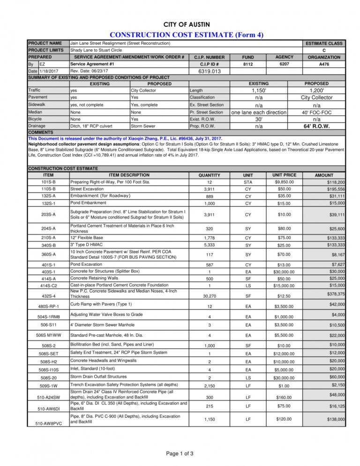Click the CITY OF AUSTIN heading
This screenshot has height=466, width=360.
pyautogui.click(x=187, y=24)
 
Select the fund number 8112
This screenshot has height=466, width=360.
pyautogui.click(x=247, y=64)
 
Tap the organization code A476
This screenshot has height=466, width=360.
pyautogui.click(x=324, y=64)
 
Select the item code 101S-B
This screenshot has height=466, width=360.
pyautogui.click(x=48, y=182)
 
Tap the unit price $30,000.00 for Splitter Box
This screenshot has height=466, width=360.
pyautogui.click(x=285, y=272)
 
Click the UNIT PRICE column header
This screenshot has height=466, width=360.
pyautogui.click(x=285, y=175)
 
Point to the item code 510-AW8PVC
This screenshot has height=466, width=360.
pyautogui.click(x=48, y=424)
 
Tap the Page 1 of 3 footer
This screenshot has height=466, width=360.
pyautogui.click(x=180, y=453)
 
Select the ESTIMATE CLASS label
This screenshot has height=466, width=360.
pyautogui.click(x=324, y=43)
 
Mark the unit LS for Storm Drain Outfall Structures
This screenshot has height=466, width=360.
pyautogui.click(x=247, y=378)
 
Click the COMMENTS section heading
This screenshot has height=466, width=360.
pyautogui.click(x=42, y=133)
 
